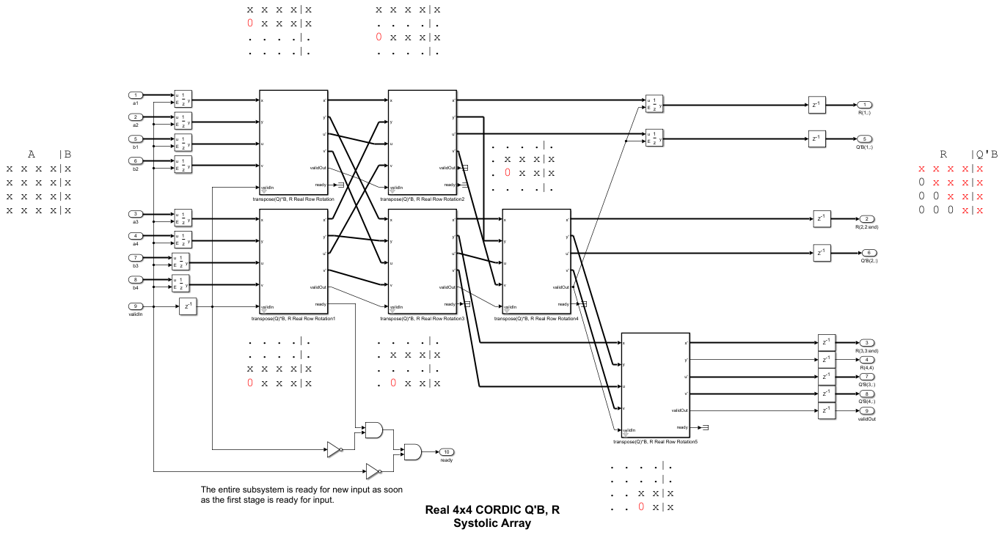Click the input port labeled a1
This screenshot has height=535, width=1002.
[x=136, y=95]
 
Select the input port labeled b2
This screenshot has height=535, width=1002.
[x=136, y=160]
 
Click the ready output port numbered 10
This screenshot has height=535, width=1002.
[x=446, y=452]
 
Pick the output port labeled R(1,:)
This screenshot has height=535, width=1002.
[x=866, y=105]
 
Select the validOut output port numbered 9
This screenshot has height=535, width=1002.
[x=866, y=410]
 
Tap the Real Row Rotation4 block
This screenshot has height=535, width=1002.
[x=537, y=261]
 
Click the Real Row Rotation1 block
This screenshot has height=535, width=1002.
[x=293, y=261]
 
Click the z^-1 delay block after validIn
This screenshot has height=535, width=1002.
[x=188, y=306]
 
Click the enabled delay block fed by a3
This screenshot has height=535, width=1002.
[x=183, y=218]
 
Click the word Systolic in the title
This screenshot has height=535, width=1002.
[x=480, y=523]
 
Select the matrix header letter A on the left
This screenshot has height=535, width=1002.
[x=32, y=155]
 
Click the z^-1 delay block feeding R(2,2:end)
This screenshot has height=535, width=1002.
[x=822, y=218]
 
